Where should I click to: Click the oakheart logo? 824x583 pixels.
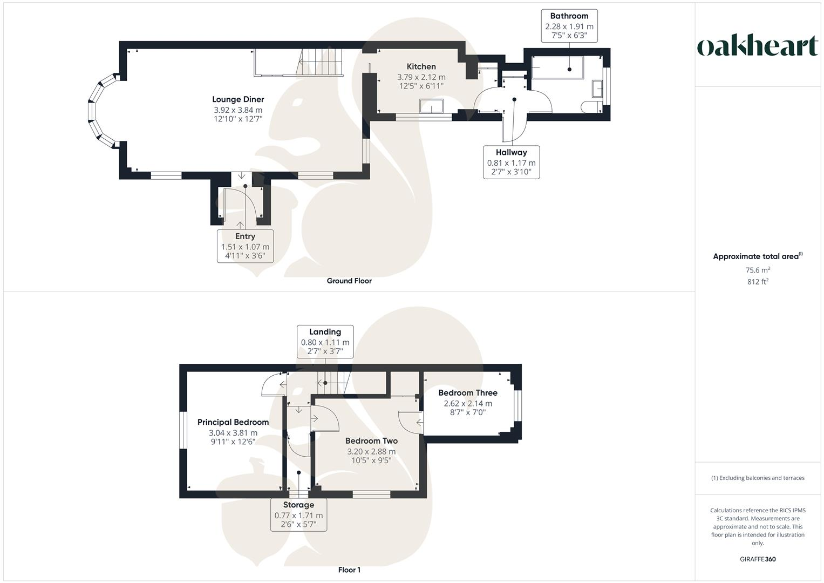[x=757, y=46]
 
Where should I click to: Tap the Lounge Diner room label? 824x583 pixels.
[x=238, y=99]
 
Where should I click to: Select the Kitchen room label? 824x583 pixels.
[x=421, y=67]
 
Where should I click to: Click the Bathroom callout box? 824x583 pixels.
[x=569, y=26]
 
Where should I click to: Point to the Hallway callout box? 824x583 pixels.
[x=511, y=162]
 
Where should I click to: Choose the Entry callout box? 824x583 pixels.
[x=245, y=246]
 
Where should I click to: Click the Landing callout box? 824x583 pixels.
[x=325, y=341]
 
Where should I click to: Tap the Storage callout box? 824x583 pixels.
[x=298, y=514]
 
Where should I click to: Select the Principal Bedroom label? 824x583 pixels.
[x=233, y=422]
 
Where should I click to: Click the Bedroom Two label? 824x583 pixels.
[x=371, y=441]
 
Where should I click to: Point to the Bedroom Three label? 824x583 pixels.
[x=467, y=393]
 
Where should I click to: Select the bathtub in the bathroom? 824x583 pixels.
[x=557, y=67]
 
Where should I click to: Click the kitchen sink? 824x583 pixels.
[x=432, y=106]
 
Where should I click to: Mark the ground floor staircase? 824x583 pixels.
[x=321, y=61]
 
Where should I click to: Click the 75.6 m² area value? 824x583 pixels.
[x=758, y=270]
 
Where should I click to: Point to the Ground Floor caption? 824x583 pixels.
[x=349, y=281]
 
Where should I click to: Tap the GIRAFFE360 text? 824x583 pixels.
[x=758, y=559]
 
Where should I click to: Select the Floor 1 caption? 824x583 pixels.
[x=349, y=570]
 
